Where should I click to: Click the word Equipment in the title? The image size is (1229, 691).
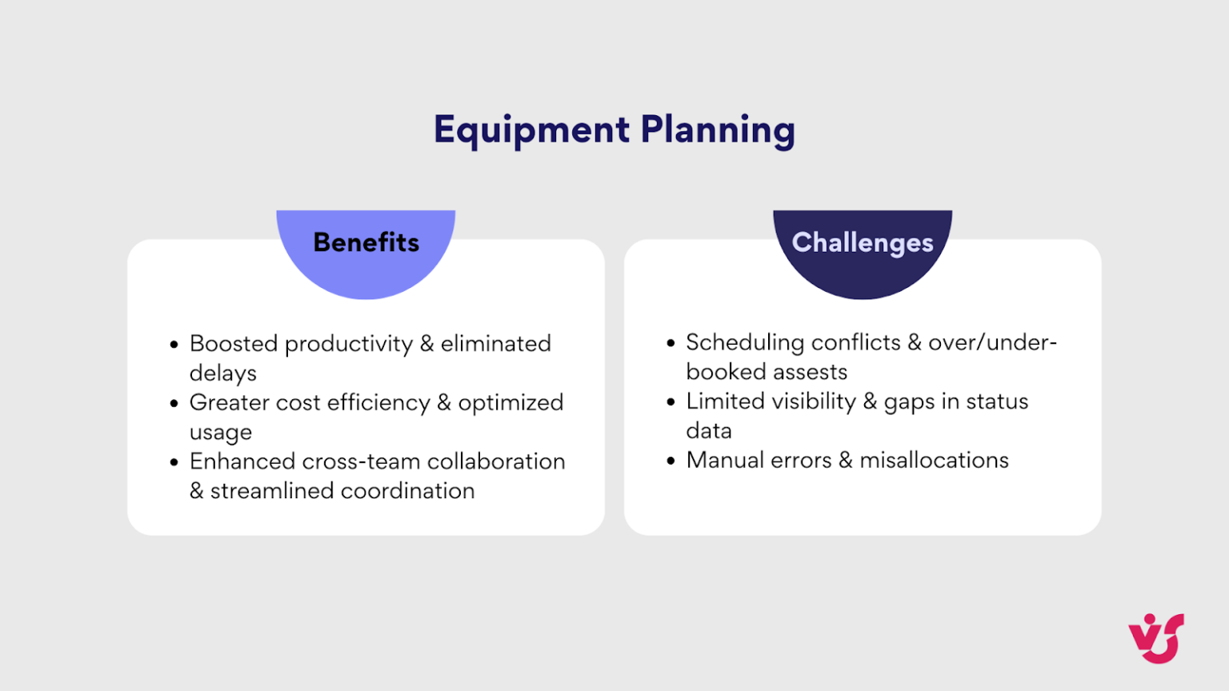point(531,130)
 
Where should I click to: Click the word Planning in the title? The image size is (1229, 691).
point(718,130)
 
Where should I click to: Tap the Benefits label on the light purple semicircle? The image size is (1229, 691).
point(366,242)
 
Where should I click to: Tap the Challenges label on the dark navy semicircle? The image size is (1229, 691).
point(863,242)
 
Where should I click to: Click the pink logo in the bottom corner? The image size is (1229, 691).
point(1156,637)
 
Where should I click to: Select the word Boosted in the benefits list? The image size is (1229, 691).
point(234,344)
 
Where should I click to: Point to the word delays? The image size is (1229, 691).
point(222,373)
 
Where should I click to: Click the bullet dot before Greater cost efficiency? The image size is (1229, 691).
point(174,403)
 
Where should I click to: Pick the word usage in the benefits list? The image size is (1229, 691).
point(221,433)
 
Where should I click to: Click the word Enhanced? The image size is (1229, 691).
point(242,461)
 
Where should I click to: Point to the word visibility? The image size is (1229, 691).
point(806,401)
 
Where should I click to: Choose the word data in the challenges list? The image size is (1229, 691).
point(709,431)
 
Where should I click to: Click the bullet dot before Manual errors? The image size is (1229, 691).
point(671,461)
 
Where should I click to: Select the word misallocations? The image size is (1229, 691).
point(934,461)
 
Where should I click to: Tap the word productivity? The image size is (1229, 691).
point(349,344)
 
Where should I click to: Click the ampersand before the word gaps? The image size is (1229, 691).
point(870,401)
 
